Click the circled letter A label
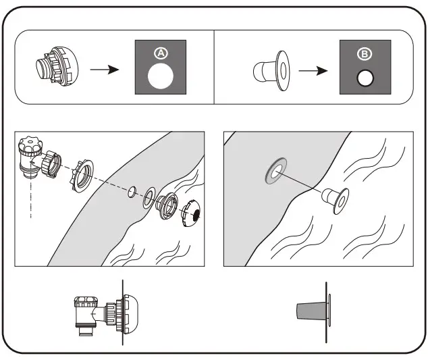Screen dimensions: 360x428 click(160, 52)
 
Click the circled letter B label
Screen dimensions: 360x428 click(364, 52)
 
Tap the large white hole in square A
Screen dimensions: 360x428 click(160, 77)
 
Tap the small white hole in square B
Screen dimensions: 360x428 click(365, 78)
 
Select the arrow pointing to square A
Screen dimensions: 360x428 click(104, 70)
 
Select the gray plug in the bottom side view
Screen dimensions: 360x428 click(311, 311)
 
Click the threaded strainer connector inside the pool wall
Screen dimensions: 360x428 click(167, 206)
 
